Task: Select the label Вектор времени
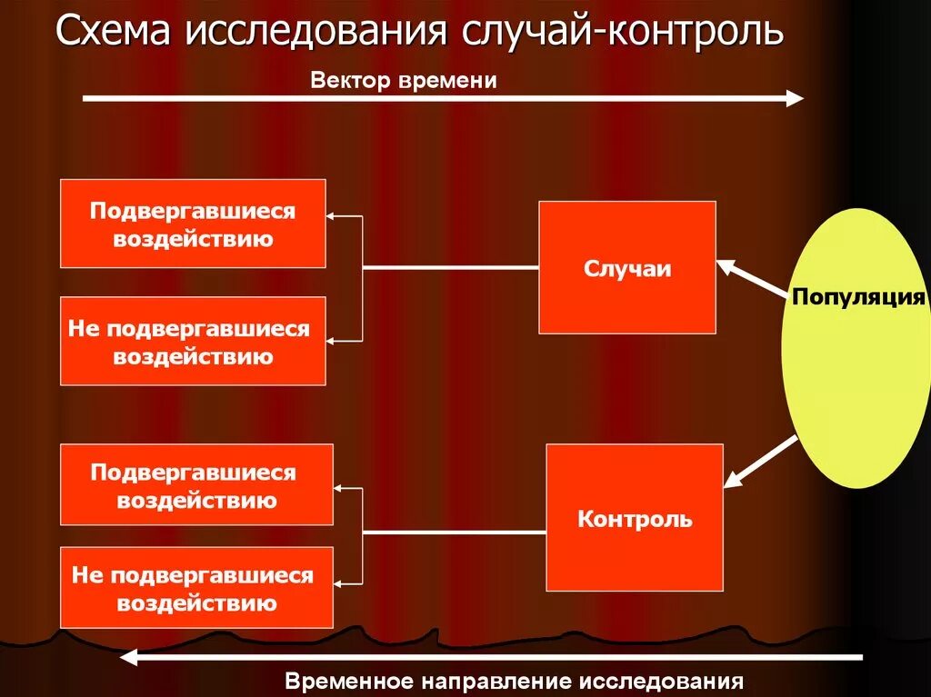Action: pyautogui.click(x=404, y=80)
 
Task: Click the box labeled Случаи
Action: pyautogui.click(x=627, y=268)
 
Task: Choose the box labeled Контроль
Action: pyautogui.click(x=635, y=519)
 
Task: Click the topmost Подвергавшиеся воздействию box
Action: pyautogui.click(x=193, y=224)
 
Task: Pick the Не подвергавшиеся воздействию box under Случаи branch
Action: pyautogui.click(x=193, y=342)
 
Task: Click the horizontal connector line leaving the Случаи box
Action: pyautogui.click(x=450, y=268)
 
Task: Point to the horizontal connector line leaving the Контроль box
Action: pyautogui.click(x=455, y=532)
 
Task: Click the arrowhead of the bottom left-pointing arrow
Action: pyautogui.click(x=131, y=656)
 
